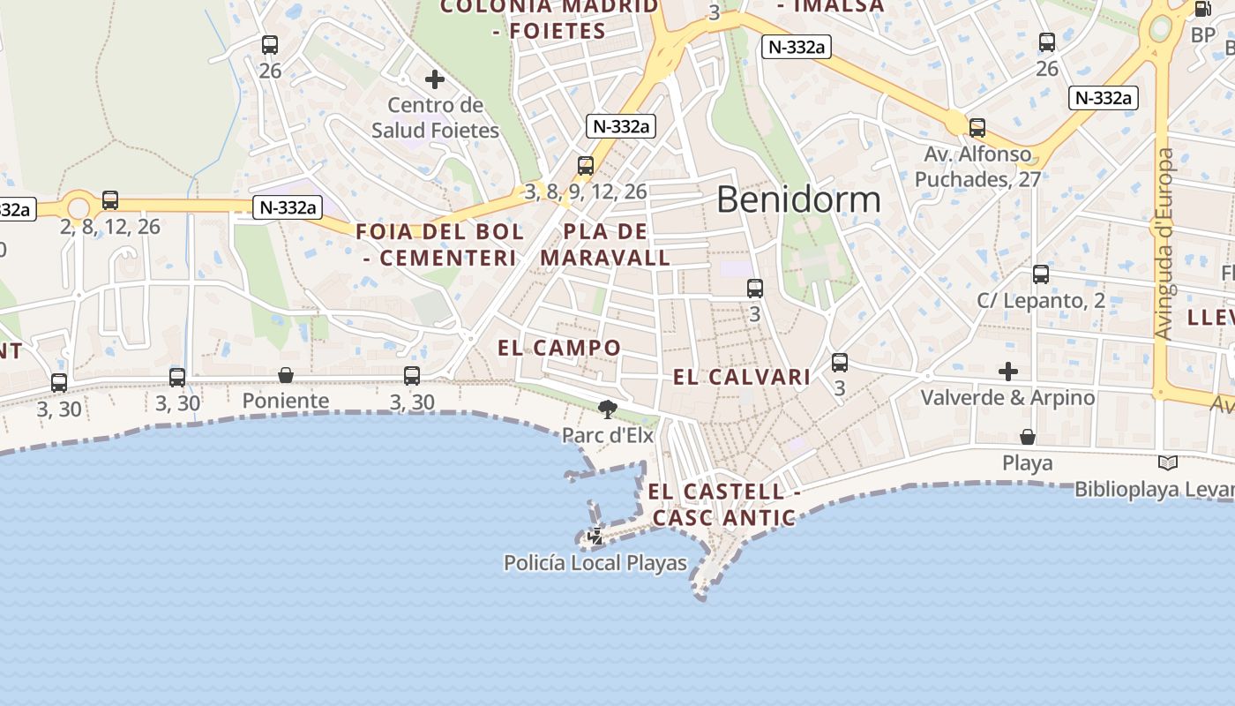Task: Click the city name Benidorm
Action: click(x=798, y=199)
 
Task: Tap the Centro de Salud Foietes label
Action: click(x=435, y=118)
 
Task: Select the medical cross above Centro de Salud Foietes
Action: click(x=435, y=80)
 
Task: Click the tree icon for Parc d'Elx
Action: click(x=607, y=409)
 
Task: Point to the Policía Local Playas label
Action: click(x=595, y=562)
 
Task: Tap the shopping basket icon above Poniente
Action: click(x=286, y=376)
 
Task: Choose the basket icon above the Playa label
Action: click(x=1028, y=437)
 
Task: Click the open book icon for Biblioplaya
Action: click(x=1167, y=462)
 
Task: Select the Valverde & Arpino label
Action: click(x=1007, y=398)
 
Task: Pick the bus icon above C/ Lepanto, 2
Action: click(x=1041, y=274)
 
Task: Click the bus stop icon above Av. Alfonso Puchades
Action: click(x=977, y=128)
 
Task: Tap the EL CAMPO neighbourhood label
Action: click(x=559, y=348)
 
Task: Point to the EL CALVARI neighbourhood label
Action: click(x=742, y=378)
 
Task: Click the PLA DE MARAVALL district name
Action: click(x=605, y=245)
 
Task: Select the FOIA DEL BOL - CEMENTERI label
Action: click(x=439, y=245)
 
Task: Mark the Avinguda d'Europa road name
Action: click(x=1164, y=244)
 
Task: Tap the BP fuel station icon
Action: click(x=1202, y=10)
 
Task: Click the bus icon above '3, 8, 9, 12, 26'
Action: click(x=586, y=166)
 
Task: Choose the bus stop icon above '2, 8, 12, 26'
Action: click(x=110, y=200)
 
